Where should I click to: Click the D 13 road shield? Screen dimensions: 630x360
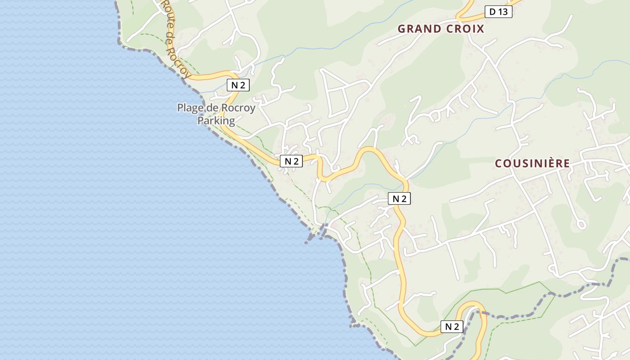click(498, 12)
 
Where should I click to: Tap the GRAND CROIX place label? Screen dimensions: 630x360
click(441, 29)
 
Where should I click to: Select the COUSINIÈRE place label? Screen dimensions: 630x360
click(532, 163)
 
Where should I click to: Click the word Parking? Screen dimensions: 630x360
click(216, 121)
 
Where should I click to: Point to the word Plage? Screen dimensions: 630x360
click(190, 108)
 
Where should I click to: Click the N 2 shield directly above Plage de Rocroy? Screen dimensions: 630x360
click(238, 85)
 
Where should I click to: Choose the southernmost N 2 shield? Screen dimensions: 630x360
click(451, 327)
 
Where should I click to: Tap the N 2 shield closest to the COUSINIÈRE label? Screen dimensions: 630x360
click(399, 198)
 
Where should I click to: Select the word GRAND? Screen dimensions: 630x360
click(419, 29)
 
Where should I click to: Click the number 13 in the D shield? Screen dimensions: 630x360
click(504, 12)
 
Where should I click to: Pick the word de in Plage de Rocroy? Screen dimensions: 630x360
click(212, 108)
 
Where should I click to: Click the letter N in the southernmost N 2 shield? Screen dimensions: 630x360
click(447, 327)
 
